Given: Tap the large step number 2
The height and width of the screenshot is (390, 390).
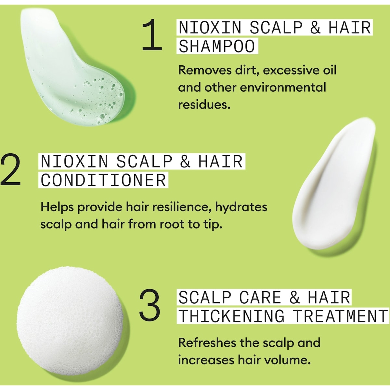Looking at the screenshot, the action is tap(10, 169).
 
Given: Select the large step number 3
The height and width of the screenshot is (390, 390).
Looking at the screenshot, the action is tap(149, 306).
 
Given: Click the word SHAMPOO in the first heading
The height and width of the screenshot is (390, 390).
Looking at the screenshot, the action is tap(217, 46).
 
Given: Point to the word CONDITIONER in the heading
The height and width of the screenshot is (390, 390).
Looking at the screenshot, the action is tap(103, 180).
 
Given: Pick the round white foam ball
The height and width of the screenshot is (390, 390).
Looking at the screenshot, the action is tap(70, 320).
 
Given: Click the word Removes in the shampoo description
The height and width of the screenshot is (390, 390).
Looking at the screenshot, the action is tap(205, 71).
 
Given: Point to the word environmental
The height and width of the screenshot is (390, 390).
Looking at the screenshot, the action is tap(283, 88).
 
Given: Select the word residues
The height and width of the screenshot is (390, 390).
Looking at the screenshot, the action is tap(204, 105).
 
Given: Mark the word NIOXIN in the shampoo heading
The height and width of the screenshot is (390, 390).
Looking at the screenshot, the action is tap(210, 27).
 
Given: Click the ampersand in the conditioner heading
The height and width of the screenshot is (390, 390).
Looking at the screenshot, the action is tap(185, 162).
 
